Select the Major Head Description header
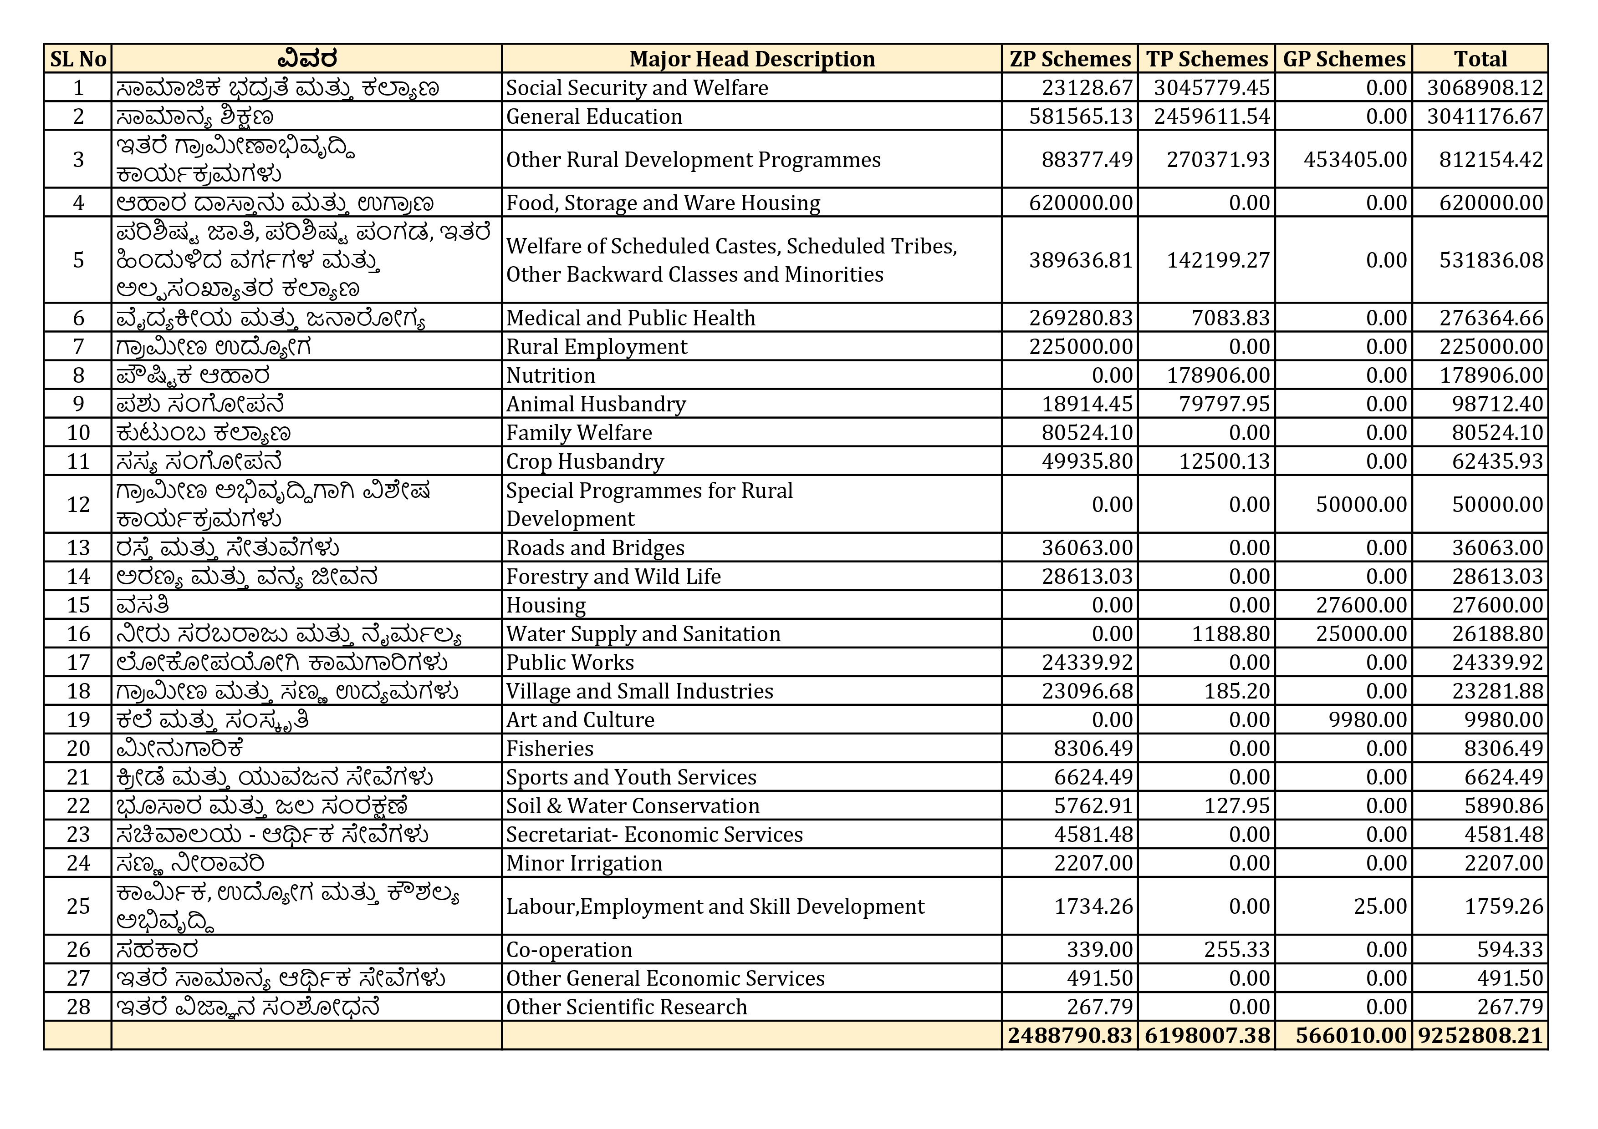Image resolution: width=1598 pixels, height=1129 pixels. (752, 59)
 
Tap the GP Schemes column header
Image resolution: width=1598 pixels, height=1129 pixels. (1344, 59)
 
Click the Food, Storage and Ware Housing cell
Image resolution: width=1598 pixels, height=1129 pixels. (663, 203)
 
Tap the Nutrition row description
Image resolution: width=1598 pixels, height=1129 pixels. (551, 375)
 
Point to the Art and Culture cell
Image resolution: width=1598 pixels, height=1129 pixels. (580, 720)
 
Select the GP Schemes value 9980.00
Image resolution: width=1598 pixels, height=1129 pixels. (1368, 720)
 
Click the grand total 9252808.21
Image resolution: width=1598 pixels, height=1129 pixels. (1481, 1036)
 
